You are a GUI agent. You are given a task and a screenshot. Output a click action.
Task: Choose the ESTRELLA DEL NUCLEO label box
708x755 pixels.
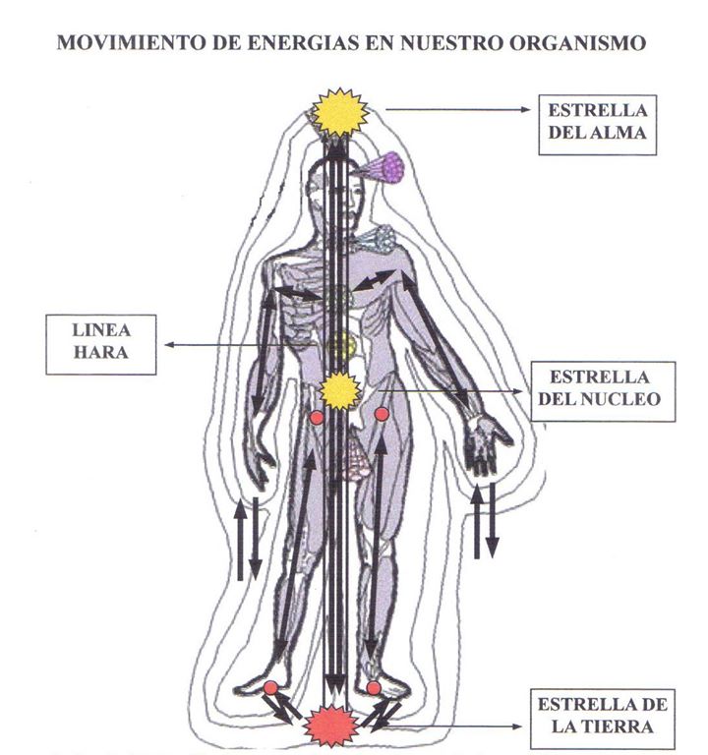603,389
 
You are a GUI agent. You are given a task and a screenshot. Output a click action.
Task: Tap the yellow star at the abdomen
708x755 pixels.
339,391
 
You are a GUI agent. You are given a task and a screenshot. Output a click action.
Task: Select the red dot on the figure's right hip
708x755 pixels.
317,418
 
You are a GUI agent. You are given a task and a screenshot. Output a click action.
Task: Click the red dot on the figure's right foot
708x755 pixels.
270,687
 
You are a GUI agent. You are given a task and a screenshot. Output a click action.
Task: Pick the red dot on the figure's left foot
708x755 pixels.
375,687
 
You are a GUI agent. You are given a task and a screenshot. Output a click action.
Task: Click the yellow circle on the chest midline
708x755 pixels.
340,344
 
